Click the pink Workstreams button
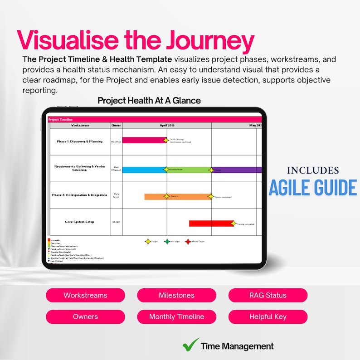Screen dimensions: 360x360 85,295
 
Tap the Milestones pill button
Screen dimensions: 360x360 176,295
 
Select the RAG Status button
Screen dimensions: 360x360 268,295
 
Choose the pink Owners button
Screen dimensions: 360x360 85,316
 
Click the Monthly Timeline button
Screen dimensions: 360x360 176,316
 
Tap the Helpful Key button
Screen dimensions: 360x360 268,316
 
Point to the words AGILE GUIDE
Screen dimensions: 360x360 313,187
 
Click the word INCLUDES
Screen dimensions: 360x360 313,170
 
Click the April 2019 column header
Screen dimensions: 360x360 167,125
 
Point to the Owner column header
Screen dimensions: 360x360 116,125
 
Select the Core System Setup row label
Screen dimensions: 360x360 79,222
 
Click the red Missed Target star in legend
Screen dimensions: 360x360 188,242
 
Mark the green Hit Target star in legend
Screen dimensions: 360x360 167,242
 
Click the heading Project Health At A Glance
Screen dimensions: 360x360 149,100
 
